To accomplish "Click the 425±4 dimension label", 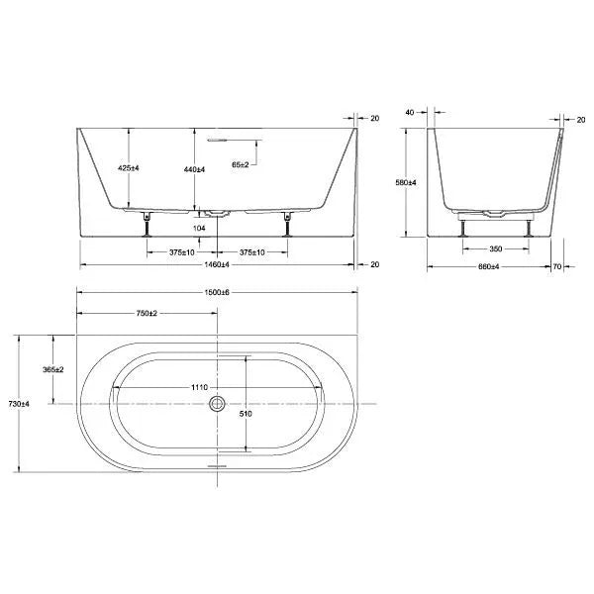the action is (128, 168).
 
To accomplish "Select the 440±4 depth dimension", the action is (194, 169).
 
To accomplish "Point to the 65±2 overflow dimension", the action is (241, 164).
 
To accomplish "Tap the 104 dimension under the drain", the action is (199, 228).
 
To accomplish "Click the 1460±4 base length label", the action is (217, 264).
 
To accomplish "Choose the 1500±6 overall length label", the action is (217, 292).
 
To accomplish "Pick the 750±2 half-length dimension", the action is (147, 313).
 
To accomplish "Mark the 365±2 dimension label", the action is (53, 369).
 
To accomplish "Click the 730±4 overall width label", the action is (19, 404).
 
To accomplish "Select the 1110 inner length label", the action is (199, 387).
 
